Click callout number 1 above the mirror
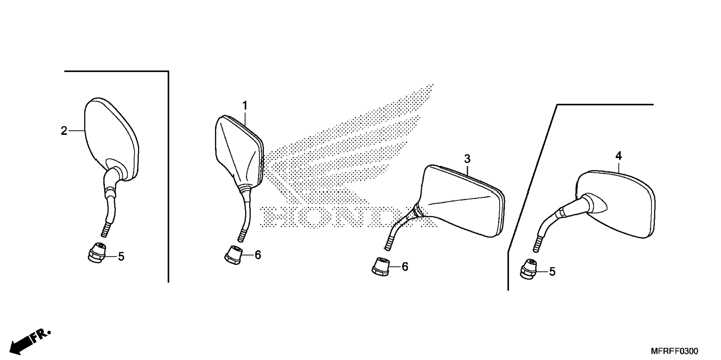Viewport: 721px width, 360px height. (245, 106)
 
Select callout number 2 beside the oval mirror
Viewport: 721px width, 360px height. (64, 131)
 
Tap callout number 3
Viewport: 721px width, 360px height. (467, 159)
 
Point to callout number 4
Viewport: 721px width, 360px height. (618, 156)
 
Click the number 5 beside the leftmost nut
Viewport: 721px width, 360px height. (121, 256)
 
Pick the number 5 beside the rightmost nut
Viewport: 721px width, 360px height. (552, 272)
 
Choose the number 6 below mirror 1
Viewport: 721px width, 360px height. (258, 255)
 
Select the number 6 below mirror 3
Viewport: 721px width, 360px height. (405, 266)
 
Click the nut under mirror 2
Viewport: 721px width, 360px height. (96, 253)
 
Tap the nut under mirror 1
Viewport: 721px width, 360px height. (233, 255)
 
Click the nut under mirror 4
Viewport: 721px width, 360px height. (529, 269)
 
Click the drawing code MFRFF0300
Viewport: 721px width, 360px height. (674, 351)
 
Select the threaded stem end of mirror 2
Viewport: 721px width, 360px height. (106, 230)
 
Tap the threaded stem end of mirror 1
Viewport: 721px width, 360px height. (242, 236)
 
